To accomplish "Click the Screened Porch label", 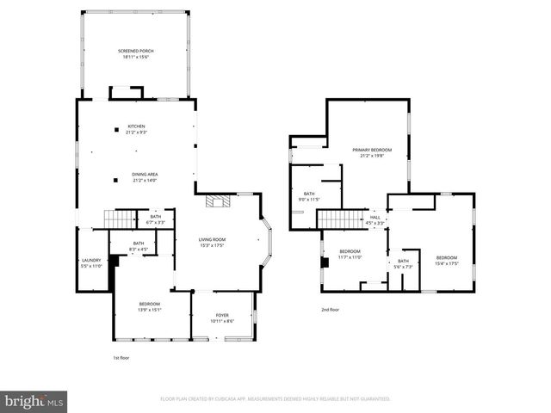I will pos(134,52).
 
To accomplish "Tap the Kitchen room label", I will pos(136,126).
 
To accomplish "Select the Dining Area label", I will pos(145,174).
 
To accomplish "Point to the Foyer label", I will pos(221,315).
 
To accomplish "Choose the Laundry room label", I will pos(91,260).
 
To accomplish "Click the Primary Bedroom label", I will pos(367,150).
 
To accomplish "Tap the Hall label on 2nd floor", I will pos(375,217).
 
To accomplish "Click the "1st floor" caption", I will pos(121,357).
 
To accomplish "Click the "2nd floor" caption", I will pos(331,309).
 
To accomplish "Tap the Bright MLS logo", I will pos(34,401).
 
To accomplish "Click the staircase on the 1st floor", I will pos(121,219).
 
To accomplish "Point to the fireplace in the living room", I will pos(217,202).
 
